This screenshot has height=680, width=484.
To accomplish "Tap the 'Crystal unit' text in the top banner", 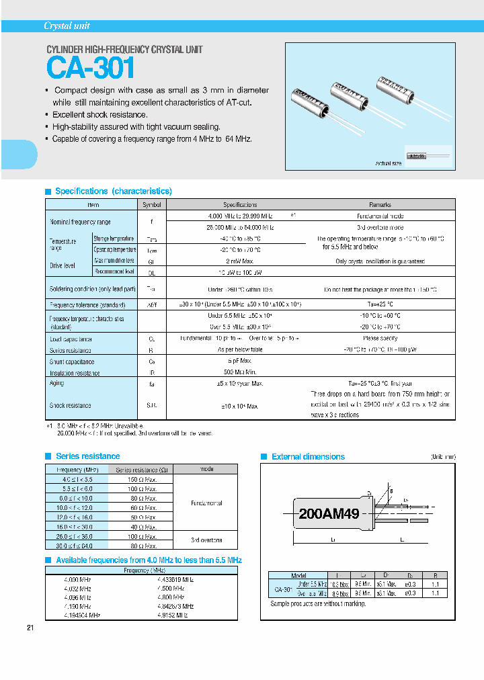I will [x=67, y=26].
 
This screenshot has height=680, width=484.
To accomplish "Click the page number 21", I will [x=30, y=628].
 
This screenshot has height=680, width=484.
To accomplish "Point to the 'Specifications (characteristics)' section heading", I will [x=113, y=192].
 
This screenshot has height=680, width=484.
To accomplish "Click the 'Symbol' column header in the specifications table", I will [x=151, y=205].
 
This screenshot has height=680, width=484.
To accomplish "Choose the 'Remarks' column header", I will [x=380, y=205].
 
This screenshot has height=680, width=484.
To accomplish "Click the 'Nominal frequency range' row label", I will [x=80, y=222].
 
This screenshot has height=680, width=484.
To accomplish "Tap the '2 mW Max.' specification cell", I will [x=239, y=261].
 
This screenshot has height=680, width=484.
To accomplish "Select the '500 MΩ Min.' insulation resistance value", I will [x=239, y=373].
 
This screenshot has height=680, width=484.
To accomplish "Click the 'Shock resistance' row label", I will [x=70, y=406].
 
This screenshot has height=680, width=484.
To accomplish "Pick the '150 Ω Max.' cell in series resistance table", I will [x=141, y=480].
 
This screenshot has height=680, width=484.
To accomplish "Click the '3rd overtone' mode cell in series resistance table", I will [x=206, y=540].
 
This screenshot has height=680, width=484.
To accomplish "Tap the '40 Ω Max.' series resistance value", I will [x=141, y=528].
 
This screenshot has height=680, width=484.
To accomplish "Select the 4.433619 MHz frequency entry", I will [x=175, y=579].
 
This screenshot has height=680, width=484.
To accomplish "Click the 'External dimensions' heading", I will [x=308, y=457].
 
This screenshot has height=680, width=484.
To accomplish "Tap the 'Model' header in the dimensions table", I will [x=298, y=576].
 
